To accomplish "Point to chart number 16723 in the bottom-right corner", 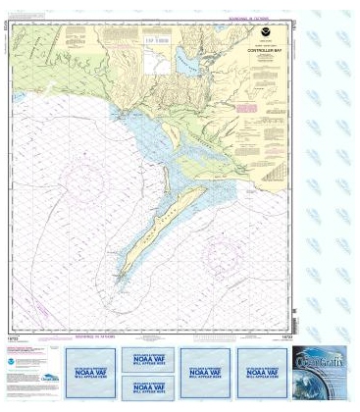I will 285,336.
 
